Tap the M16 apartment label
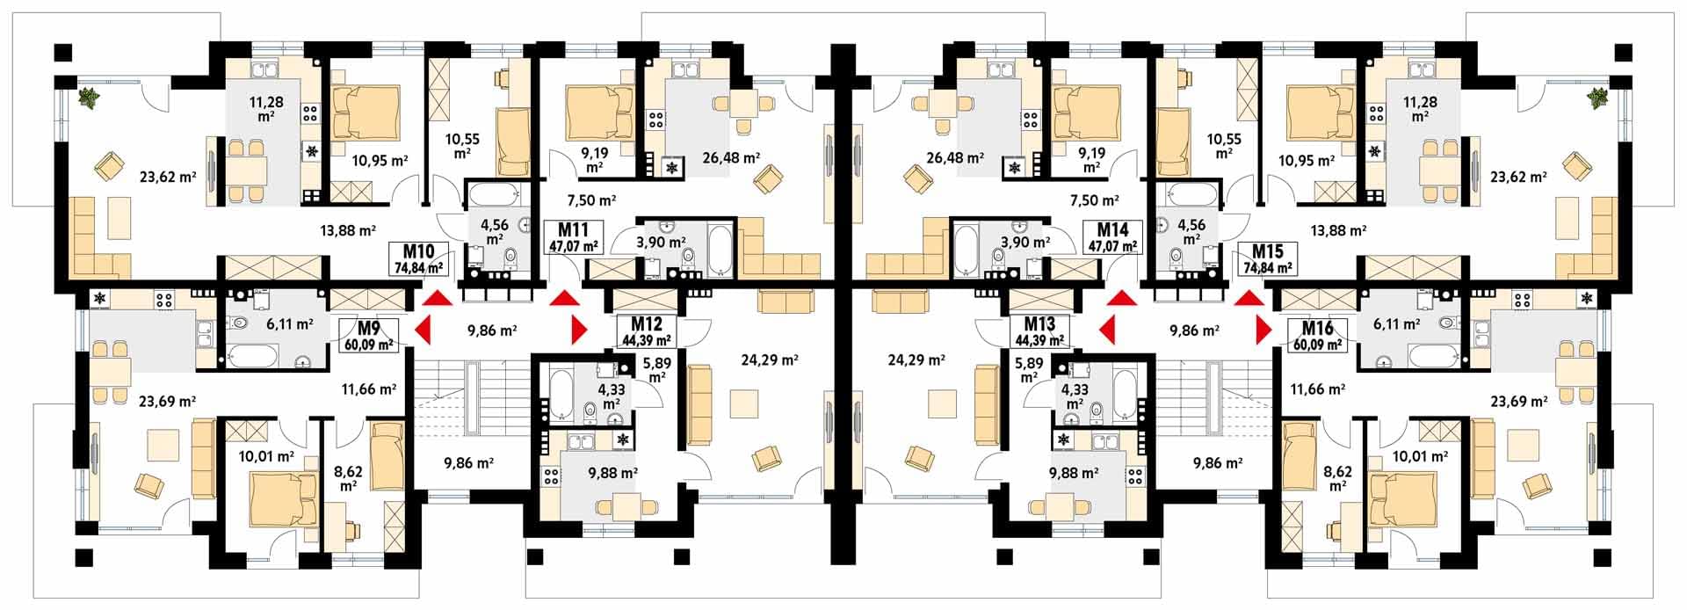click(1315, 335)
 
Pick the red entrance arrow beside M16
click(1263, 331)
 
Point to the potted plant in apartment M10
click(88, 98)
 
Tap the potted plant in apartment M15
click(1598, 98)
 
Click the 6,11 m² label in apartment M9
click(289, 323)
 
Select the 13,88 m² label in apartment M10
click(345, 230)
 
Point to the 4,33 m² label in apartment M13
click(1074, 396)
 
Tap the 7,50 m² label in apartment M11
click(591, 200)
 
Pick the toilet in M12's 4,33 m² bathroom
click(590, 410)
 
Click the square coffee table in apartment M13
click(944, 404)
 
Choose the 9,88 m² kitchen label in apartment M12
click(612, 472)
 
